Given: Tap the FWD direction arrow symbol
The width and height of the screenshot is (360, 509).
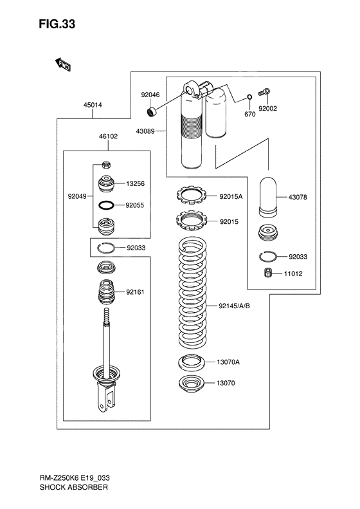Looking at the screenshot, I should pyautogui.click(x=62, y=64).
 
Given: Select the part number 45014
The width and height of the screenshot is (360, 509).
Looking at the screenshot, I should pyautogui.click(x=92, y=104).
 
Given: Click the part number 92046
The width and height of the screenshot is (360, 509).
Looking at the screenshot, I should pyautogui.click(x=150, y=95).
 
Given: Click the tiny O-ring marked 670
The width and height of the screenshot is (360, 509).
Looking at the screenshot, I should pyautogui.click(x=248, y=98).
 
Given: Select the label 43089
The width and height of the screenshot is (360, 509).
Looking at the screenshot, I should pyautogui.click(x=145, y=131).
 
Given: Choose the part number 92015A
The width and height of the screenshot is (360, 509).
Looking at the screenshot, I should pyautogui.click(x=231, y=197).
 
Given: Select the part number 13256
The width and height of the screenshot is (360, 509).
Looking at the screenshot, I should pyautogui.click(x=136, y=183).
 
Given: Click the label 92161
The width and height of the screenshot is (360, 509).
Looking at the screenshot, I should pyautogui.click(x=136, y=292).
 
